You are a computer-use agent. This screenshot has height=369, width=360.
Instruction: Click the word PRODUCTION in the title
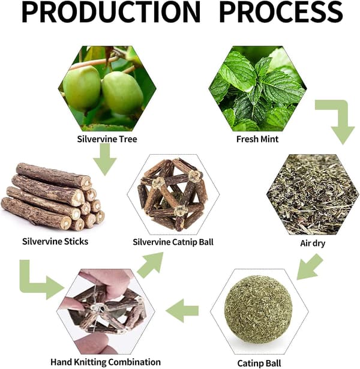coord(111,12)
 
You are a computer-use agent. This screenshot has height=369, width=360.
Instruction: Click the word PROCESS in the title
coord(281,12)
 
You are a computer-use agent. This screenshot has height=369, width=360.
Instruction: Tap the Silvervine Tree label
coord(107,139)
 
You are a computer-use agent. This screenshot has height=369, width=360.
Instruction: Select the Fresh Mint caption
coord(257,139)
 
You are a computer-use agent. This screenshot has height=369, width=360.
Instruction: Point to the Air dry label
coord(313,244)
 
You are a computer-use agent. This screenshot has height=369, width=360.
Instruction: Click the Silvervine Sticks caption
coord(55,241)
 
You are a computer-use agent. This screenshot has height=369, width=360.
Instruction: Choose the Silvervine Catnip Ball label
coord(173,242)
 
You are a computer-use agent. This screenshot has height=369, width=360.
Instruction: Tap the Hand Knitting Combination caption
coord(106,362)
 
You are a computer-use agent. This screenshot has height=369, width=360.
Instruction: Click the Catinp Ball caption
coord(259,363)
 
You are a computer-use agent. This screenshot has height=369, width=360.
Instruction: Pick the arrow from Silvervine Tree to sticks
coord(105,160)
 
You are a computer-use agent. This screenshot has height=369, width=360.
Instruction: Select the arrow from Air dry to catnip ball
coord(309,268)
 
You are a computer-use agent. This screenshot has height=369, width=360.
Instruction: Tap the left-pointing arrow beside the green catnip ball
coord(182,311)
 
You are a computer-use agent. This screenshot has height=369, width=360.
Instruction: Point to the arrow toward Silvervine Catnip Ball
coord(151,265)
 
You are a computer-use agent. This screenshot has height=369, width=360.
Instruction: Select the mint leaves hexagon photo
coord(257,88)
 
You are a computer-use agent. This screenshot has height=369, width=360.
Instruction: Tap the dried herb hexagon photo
coord(313,194)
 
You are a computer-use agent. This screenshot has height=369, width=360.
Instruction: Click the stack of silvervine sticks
coord(53,197)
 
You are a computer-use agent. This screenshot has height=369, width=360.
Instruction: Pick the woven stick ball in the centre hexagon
coord(173,194)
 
